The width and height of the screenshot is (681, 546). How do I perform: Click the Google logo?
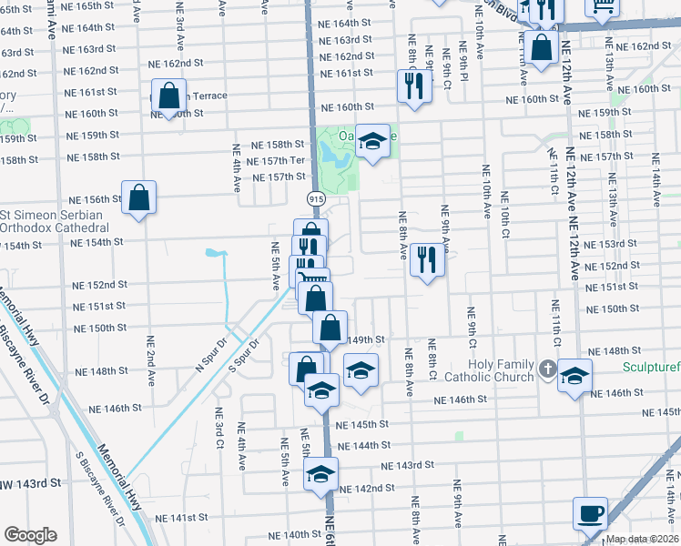tap(30, 535)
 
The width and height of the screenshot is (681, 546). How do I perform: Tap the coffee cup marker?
tap(590, 513)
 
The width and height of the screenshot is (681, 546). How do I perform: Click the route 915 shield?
tap(315, 197)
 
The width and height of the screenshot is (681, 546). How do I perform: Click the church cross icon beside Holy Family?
tap(546, 368)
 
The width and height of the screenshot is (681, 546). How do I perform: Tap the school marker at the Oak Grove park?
tap(371, 140)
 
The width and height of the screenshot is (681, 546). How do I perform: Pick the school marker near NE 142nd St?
tap(320, 474)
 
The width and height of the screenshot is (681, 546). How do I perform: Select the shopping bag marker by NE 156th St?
tap(138, 197)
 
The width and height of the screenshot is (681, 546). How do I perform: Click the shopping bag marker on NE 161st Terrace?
tap(168, 95)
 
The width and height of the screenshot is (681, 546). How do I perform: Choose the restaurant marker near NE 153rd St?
tap(426, 259)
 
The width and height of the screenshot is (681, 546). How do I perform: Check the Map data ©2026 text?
tap(643, 539)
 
